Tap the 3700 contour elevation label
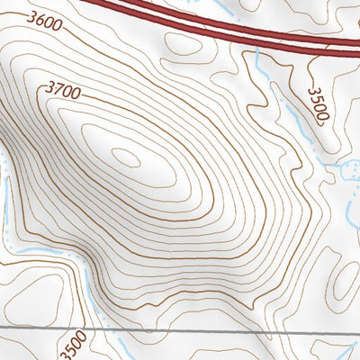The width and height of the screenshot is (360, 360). pos(62,89)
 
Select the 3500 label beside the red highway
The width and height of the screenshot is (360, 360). pos(316,104)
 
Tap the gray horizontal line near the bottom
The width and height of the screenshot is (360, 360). pos(180,331)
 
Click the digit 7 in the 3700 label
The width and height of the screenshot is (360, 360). pos(56,87)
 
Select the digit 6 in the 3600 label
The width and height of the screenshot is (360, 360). pos(38,18)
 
